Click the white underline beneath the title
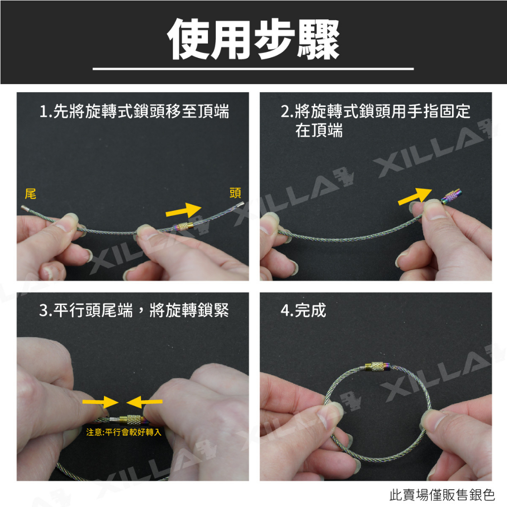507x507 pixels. [253, 69]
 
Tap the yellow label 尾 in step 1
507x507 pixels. [30, 194]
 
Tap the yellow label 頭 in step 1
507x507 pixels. [235, 193]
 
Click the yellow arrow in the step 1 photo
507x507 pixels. [183, 210]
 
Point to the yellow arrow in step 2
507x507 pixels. [415, 196]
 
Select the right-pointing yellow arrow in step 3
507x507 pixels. [101, 402]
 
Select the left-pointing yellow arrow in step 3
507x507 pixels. [144, 402]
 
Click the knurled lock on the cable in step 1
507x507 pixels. [183, 226]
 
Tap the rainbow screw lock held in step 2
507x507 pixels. [452, 197]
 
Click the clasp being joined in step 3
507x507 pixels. [131, 419]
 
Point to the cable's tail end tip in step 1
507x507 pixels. [22, 207]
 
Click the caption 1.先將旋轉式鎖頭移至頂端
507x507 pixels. [134, 111]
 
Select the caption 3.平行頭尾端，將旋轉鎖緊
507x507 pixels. [134, 310]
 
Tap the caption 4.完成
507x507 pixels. [304, 310]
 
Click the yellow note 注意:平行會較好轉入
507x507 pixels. [123, 432]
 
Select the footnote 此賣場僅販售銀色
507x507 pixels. [442, 495]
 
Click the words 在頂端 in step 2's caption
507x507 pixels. [319, 131]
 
